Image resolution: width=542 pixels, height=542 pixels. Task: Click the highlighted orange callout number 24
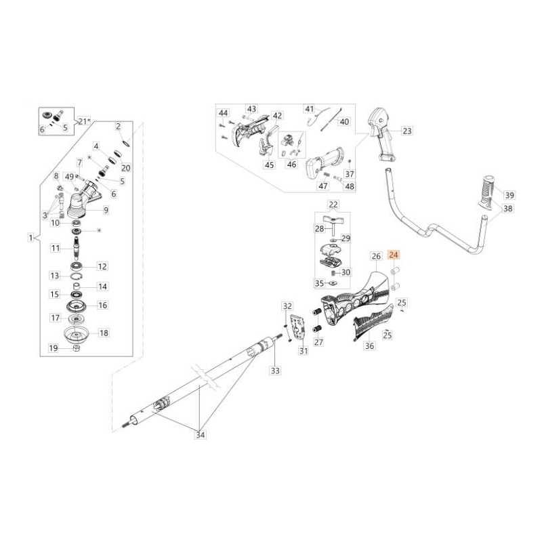point(394,255)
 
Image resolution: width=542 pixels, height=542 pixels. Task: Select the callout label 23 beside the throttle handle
point(406,130)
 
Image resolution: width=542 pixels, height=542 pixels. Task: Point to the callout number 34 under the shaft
point(200,435)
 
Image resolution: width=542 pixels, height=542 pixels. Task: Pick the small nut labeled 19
point(77,349)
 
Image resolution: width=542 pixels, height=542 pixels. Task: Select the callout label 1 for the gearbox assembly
point(30,238)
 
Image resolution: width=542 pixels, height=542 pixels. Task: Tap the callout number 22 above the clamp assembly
point(333,204)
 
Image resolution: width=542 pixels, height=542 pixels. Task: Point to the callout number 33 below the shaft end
point(274,371)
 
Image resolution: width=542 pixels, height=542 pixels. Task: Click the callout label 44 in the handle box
point(223,112)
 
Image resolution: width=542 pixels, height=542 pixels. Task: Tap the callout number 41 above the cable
point(310,109)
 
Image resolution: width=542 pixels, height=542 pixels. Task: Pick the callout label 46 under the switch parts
point(291,164)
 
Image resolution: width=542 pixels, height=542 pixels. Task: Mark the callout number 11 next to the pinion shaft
point(56,249)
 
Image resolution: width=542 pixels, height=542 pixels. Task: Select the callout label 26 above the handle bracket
point(376,256)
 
